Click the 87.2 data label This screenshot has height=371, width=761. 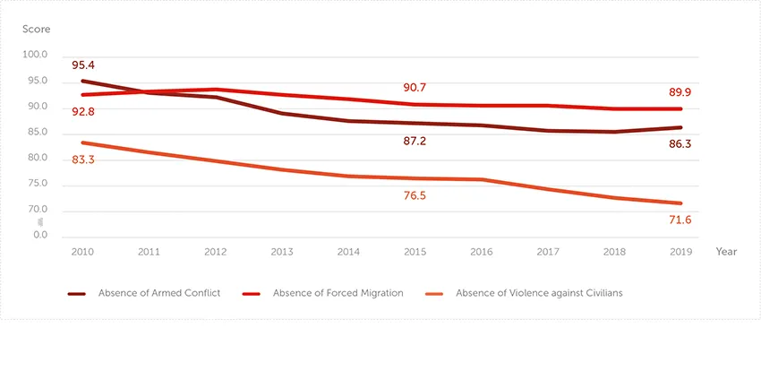[x=415, y=142]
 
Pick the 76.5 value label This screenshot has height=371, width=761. [x=415, y=195]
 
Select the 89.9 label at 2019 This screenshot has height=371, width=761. [x=679, y=92]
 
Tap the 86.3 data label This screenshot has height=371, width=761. [x=679, y=143]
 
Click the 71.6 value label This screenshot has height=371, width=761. [x=679, y=220]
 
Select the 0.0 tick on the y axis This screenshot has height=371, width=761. [x=40, y=235]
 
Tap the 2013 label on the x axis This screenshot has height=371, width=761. [x=282, y=252]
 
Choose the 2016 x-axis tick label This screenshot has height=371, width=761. [x=482, y=252]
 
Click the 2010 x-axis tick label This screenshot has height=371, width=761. [x=82, y=252]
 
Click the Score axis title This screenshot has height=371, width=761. [x=36, y=29]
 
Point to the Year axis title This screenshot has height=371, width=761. [x=726, y=252]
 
